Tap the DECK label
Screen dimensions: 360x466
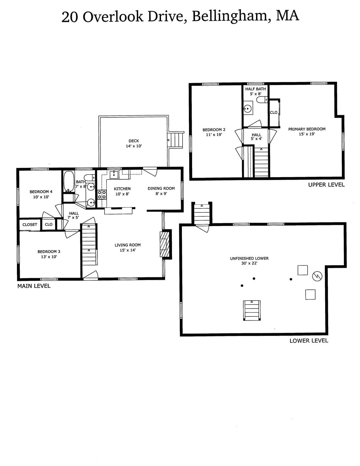[134, 141]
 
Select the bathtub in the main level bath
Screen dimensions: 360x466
[69, 181]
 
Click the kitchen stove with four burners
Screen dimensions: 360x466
[102, 195]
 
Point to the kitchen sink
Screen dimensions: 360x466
[114, 175]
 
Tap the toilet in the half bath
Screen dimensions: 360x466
[262, 100]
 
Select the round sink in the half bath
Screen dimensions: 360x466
[248, 109]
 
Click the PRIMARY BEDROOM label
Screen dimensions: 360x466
[307, 129]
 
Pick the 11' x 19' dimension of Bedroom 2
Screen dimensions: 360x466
[214, 135]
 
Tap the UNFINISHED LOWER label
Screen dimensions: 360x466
[249, 258]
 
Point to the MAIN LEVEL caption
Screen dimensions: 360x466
[34, 286]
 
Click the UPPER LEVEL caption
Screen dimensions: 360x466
[326, 185]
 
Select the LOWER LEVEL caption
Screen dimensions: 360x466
[309, 340]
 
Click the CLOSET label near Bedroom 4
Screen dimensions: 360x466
[30, 225]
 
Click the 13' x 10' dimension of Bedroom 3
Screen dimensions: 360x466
[49, 257]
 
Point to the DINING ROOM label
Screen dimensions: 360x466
[161, 188]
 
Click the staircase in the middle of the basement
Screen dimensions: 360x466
[252, 310]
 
